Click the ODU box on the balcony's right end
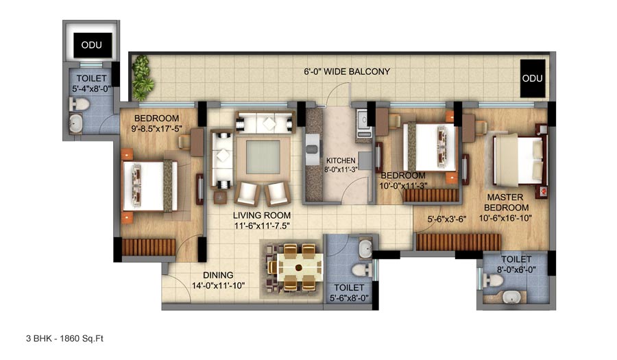click(x=532, y=78)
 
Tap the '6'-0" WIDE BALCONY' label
click(x=348, y=71)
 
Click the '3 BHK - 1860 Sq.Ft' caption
click(x=64, y=338)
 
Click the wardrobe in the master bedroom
click(x=458, y=241)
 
